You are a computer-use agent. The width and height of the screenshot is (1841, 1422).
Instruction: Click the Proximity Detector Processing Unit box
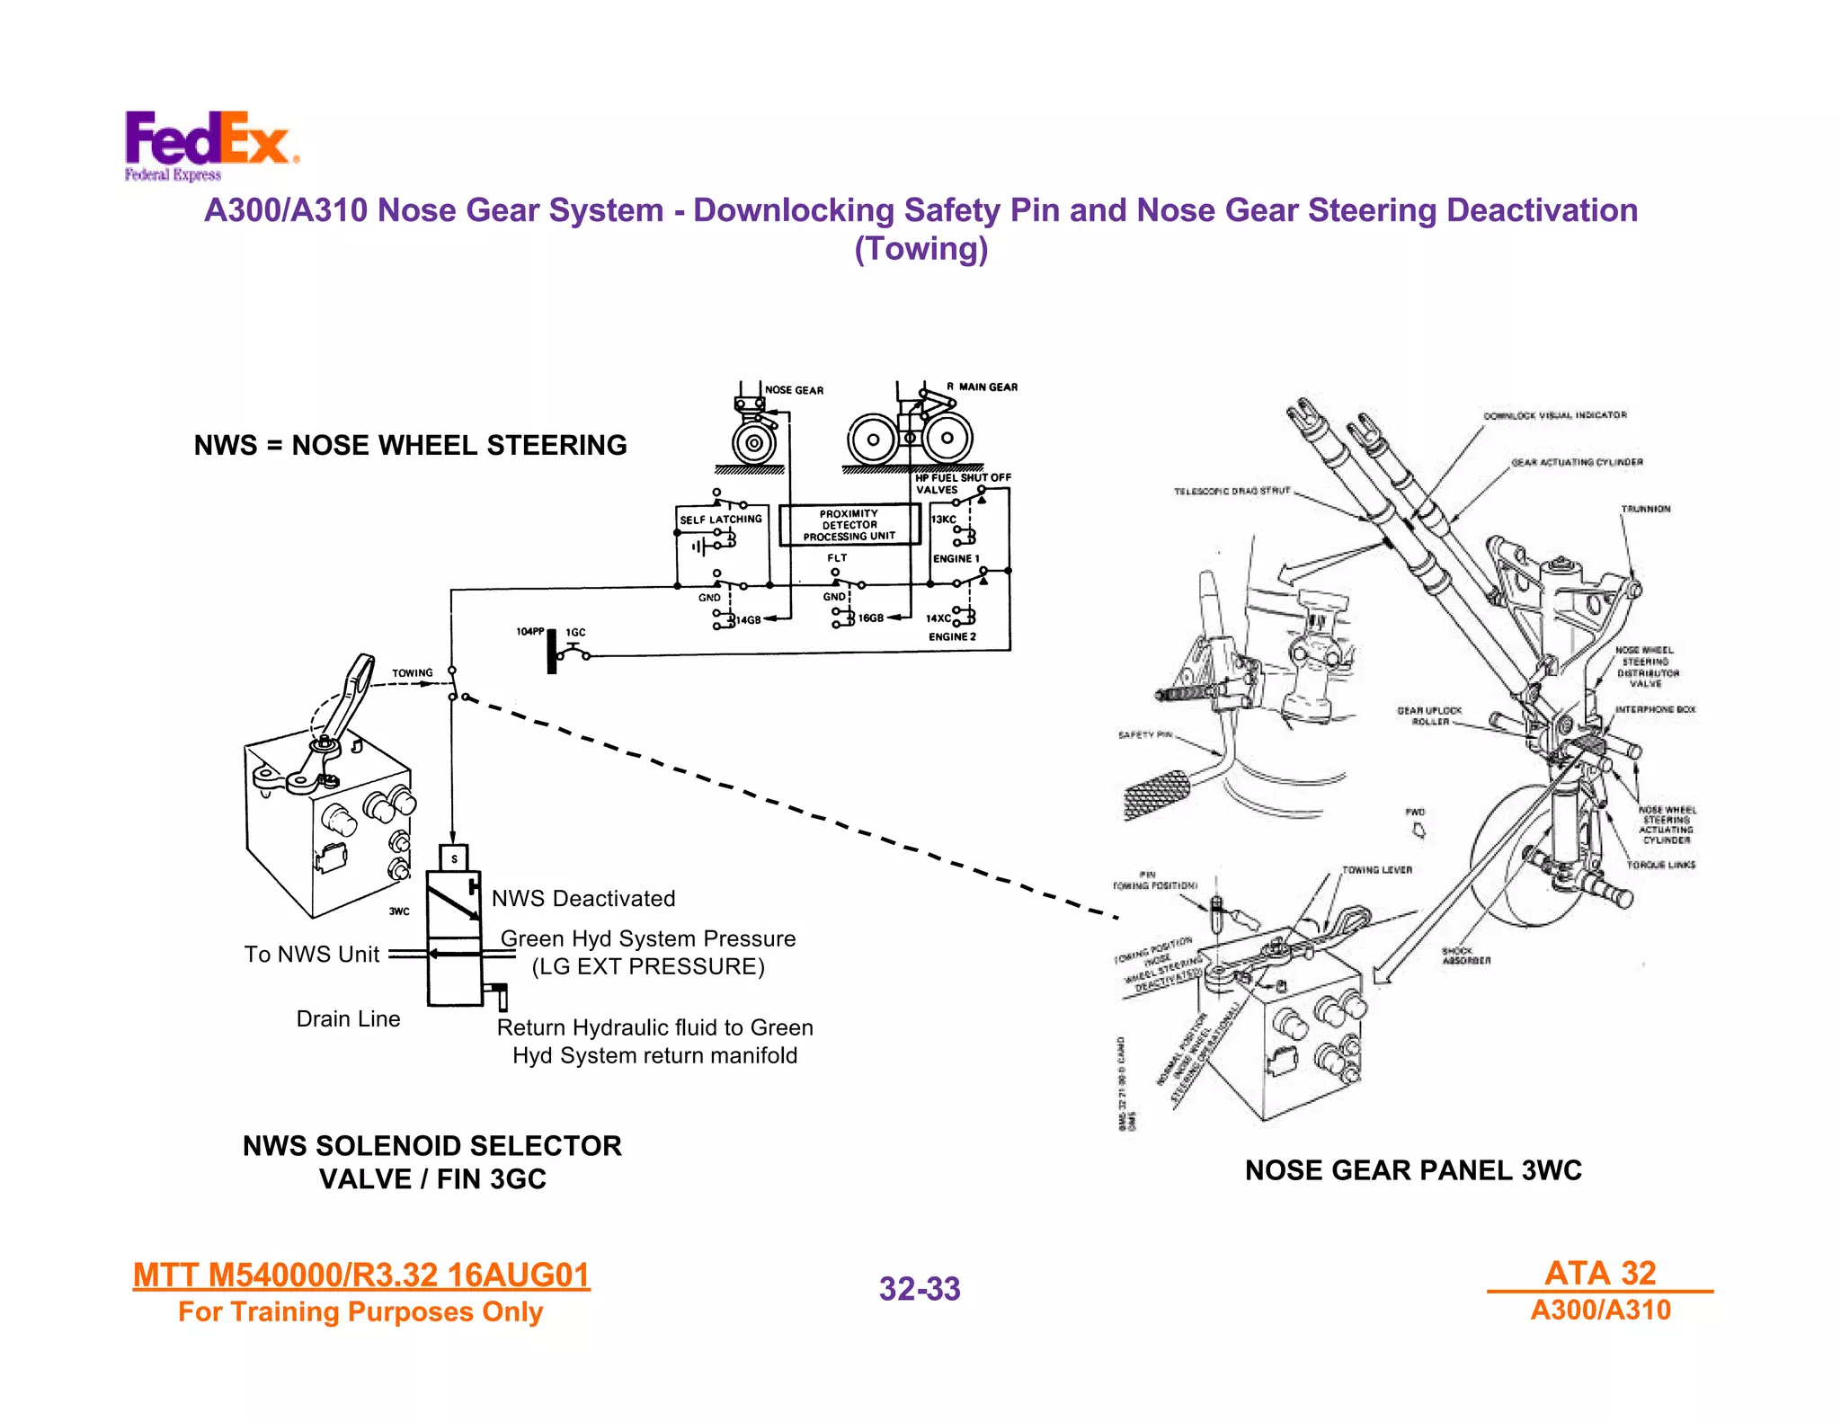[849, 525]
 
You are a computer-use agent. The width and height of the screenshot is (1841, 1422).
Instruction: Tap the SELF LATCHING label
[720, 520]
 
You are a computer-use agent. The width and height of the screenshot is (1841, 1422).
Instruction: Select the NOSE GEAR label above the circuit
[794, 390]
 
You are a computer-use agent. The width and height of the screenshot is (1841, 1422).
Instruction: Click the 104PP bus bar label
[529, 631]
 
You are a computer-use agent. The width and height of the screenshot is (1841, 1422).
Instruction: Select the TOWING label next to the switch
[412, 672]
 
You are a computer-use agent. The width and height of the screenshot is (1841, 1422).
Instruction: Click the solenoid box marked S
[454, 858]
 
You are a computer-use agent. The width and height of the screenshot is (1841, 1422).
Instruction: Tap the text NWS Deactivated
[583, 899]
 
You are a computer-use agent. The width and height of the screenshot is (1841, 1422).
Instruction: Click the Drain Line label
[348, 1018]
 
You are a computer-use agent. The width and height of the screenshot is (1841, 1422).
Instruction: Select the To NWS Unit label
[312, 955]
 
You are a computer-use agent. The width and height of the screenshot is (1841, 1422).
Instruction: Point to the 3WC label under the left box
[399, 911]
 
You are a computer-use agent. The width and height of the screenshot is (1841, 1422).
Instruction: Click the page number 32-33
[919, 1289]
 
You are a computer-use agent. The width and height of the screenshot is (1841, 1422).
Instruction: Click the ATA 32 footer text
[1600, 1273]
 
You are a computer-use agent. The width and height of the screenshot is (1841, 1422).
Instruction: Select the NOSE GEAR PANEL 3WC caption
[1412, 1170]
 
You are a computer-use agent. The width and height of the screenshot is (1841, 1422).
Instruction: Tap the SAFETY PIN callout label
[1144, 735]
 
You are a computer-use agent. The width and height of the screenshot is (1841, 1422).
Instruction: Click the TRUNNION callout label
[1645, 509]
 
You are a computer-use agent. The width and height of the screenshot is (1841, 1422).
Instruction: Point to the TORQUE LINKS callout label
[1660, 865]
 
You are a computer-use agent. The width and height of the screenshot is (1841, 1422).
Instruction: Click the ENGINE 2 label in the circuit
[952, 636]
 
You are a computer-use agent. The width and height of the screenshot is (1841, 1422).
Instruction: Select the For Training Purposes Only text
[360, 1312]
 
